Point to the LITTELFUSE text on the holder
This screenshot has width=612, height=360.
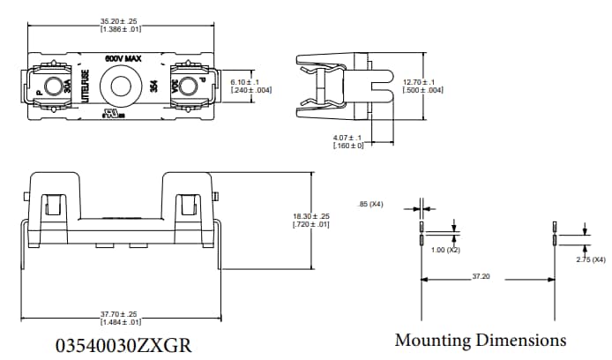[86, 90]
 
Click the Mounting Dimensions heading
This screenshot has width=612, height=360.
[480, 340]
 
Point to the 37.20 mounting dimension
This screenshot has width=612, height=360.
[480, 276]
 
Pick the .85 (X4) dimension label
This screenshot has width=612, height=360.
[371, 206]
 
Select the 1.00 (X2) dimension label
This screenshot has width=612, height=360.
[446, 251]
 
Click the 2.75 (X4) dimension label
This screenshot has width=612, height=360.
[588, 259]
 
